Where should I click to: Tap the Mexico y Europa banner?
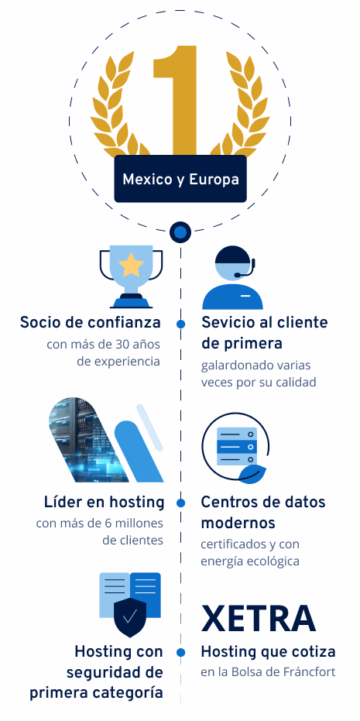coord(180,179)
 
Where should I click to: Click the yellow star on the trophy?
coord(131,264)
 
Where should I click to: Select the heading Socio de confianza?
coord(90,322)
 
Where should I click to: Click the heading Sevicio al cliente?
coord(264,322)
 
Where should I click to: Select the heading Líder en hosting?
coord(104,502)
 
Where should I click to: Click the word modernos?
coord(238,524)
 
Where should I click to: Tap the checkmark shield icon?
coord(129,617)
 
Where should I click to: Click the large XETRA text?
coord(259,619)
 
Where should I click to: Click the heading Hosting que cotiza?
coord(269,652)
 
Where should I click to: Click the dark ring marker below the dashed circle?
coord(180,232)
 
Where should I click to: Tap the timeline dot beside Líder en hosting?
coord(180,503)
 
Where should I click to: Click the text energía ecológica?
coord(250,561)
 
